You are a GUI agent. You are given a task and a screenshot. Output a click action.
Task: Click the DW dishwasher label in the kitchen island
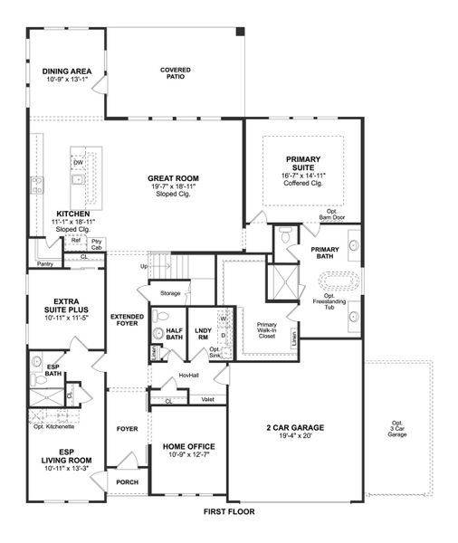coord(79,162)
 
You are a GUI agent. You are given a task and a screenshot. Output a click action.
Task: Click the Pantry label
coord(44,263)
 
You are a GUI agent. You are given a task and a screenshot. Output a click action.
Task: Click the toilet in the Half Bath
coord(159,317)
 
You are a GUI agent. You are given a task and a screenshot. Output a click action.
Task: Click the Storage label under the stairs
coord(169,293)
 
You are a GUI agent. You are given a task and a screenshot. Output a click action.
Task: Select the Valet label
coord(207,399)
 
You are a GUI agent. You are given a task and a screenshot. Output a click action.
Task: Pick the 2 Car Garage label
coord(295,427)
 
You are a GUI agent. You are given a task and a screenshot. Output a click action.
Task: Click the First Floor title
coord(229,511)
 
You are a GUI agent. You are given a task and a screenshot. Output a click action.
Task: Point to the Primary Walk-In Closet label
coord(267,328)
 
